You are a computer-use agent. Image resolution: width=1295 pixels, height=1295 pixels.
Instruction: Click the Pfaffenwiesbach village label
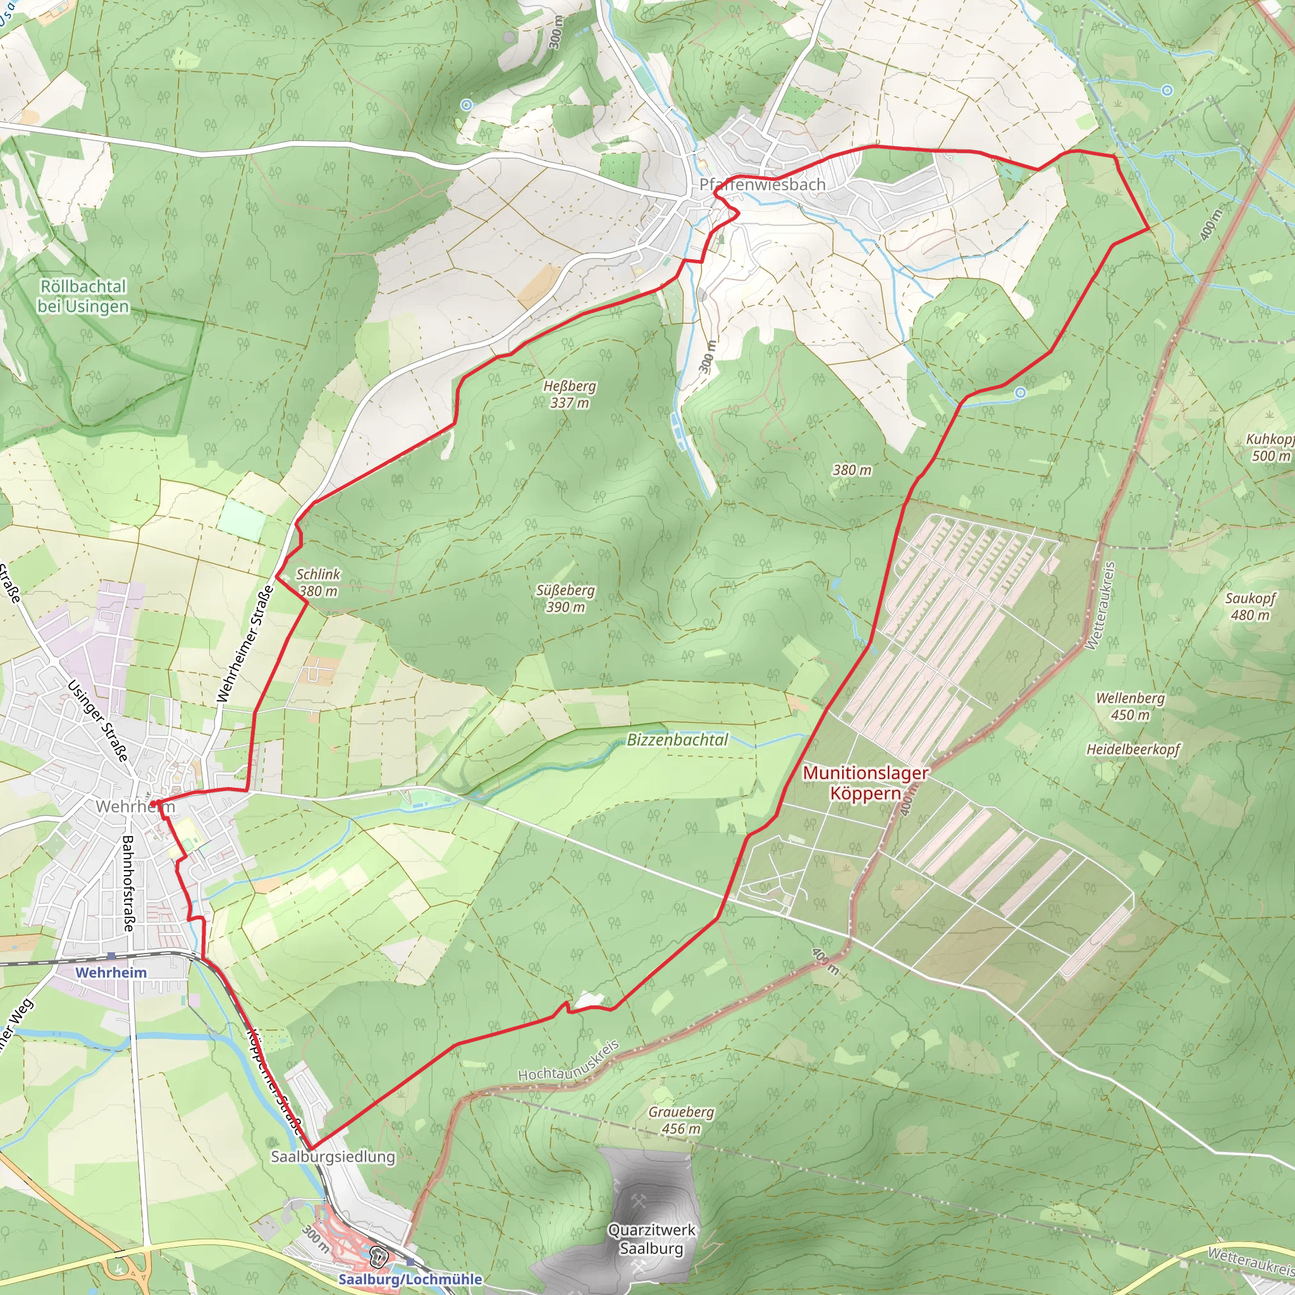pyautogui.click(x=762, y=185)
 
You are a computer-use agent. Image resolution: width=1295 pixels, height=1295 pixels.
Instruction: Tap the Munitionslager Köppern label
pyautogui.click(x=866, y=783)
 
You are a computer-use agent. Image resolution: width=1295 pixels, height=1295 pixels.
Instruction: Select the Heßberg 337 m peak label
pyautogui.click(x=569, y=394)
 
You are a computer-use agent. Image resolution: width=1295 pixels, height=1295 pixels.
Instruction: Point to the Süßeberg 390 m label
pyautogui.click(x=565, y=599)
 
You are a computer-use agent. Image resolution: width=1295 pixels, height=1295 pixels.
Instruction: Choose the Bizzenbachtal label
pyautogui.click(x=677, y=740)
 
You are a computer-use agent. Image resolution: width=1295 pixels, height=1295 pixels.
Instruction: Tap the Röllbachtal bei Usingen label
pyautogui.click(x=83, y=297)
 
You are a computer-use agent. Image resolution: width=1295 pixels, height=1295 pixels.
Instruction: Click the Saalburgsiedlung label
pyautogui.click(x=333, y=1157)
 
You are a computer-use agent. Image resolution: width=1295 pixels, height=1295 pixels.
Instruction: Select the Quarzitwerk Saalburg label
pyautogui.click(x=651, y=1239)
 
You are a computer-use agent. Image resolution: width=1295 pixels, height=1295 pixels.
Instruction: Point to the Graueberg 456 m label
pyautogui.click(x=681, y=1120)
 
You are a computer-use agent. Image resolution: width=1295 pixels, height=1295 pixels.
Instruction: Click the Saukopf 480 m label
pyautogui.click(x=1250, y=606)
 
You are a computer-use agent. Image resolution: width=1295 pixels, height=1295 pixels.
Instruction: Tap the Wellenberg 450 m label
pyautogui.click(x=1130, y=706)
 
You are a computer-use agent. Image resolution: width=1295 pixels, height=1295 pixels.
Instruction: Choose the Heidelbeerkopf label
pyautogui.click(x=1132, y=749)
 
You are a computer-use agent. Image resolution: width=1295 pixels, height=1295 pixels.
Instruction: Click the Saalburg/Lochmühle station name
pyautogui.click(x=410, y=1279)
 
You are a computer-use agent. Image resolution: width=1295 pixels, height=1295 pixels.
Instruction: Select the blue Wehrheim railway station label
pyautogui.click(x=111, y=972)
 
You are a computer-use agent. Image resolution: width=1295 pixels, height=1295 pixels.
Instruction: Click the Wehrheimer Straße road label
pyautogui.click(x=245, y=644)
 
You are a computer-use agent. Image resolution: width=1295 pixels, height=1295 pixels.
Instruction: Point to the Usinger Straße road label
pyautogui.click(x=98, y=721)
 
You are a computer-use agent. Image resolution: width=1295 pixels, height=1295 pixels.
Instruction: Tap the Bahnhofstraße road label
pyautogui.click(x=128, y=883)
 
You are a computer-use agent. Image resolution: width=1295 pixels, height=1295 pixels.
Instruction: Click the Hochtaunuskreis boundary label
pyautogui.click(x=568, y=1060)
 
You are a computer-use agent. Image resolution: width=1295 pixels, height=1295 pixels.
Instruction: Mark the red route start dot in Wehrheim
pyautogui.click(x=154, y=803)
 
